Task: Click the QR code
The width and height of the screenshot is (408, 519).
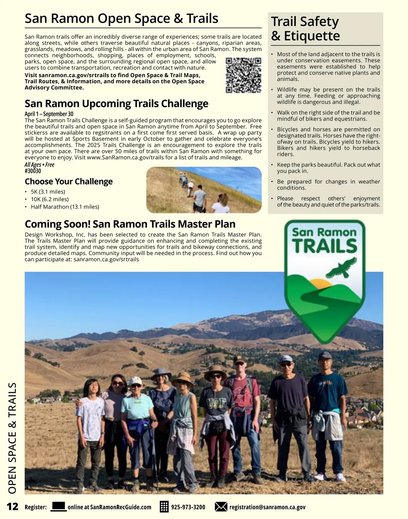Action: pyautogui.click(x=243, y=75)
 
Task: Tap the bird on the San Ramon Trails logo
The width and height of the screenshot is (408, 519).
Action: pyautogui.click(x=341, y=268)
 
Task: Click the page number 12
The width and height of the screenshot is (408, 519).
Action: pyautogui.click(x=13, y=506)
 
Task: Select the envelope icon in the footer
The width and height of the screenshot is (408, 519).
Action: pyautogui.click(x=221, y=507)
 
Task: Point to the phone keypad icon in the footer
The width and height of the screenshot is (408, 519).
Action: pyautogui.click(x=164, y=507)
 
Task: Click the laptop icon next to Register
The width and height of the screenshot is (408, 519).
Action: pyautogui.click(x=58, y=506)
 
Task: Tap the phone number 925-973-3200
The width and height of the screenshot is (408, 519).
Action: pyautogui.click(x=188, y=507)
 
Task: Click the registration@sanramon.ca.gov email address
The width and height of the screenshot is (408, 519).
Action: pyautogui.click(x=267, y=507)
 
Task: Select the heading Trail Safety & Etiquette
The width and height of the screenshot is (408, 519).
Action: pyautogui.click(x=305, y=29)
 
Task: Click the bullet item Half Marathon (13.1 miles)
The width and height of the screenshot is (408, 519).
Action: pyautogui.click(x=65, y=207)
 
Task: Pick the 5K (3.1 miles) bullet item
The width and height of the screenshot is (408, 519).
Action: pyautogui.click(x=48, y=192)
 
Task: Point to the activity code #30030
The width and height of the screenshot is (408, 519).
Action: pyautogui.click(x=33, y=171)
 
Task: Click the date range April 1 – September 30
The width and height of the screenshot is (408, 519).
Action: pyautogui.click(x=49, y=114)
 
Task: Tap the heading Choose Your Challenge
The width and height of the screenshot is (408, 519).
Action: pyautogui.click(x=69, y=181)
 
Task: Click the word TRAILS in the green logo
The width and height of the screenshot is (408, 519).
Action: pyautogui.click(x=324, y=246)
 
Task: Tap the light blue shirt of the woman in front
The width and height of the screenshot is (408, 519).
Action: pyautogui.click(x=137, y=408)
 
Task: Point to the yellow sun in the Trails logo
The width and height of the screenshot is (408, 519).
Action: pyautogui.click(x=322, y=283)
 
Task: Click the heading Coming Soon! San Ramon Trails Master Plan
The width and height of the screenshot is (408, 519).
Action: pyautogui.click(x=130, y=224)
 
